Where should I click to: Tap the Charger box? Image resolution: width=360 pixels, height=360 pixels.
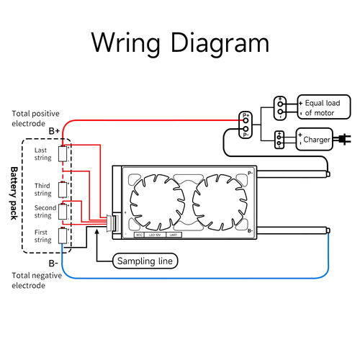[x=316, y=139]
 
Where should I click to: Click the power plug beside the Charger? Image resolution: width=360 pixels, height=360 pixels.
[x=345, y=139]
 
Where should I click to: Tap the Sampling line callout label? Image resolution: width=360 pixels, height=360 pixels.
[x=145, y=261]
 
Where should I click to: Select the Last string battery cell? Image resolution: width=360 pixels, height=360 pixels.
[x=63, y=153]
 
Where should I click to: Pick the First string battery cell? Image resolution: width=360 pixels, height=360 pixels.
[x=63, y=235]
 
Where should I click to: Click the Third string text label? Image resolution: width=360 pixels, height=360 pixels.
[x=43, y=189]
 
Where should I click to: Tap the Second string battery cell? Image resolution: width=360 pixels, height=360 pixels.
[x=63, y=211]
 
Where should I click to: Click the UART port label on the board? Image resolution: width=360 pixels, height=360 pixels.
[x=173, y=235]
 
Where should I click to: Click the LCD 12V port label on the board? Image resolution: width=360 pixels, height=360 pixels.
[x=154, y=235]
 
